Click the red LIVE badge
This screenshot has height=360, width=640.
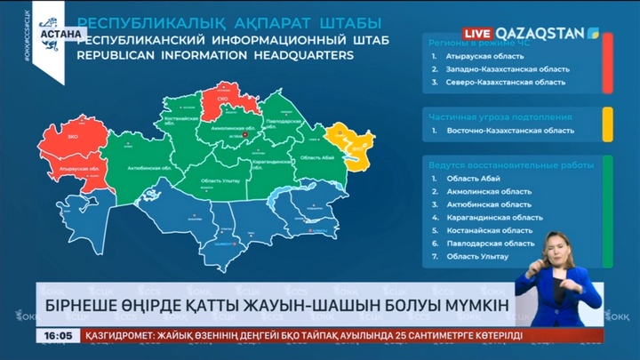(x=474, y=33)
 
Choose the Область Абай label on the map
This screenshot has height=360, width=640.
(x=318, y=157)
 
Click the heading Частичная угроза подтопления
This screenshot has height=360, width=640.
(x=500, y=116)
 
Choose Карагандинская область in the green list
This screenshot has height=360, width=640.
(x=494, y=217)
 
